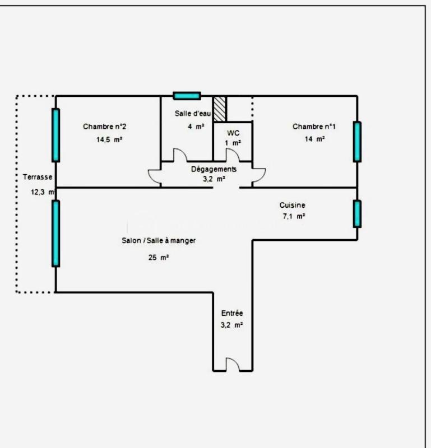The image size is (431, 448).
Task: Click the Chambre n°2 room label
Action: [x=108, y=127]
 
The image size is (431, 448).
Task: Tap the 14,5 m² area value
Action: [x=109, y=139]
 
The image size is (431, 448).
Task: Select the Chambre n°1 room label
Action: [x=314, y=127]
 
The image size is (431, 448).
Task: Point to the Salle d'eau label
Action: [x=193, y=114]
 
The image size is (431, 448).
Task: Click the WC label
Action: [x=233, y=133]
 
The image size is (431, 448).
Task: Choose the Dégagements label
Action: [x=214, y=169]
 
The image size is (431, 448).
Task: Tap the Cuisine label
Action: [x=293, y=205]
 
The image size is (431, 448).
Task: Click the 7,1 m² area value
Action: [x=293, y=216]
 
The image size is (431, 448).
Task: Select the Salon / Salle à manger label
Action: [x=159, y=240]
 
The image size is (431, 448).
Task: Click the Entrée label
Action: [x=232, y=314]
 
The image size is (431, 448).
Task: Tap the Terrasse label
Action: [x=38, y=177]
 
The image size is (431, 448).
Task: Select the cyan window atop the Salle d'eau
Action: [x=187, y=96]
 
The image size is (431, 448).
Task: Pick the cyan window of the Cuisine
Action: [x=357, y=213]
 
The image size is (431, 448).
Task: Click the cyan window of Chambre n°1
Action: [x=357, y=141]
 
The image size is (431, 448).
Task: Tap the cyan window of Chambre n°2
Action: [x=55, y=135]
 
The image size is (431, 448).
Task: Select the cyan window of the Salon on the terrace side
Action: [x=55, y=232]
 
